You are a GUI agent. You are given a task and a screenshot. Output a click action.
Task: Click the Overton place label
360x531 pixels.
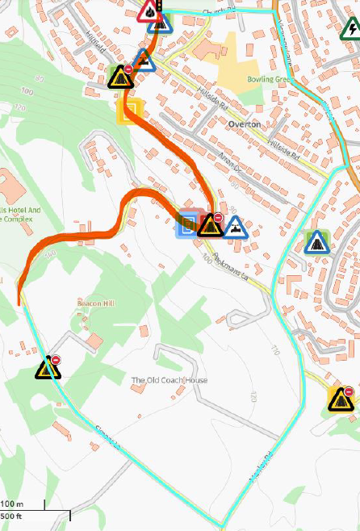coord(244,124)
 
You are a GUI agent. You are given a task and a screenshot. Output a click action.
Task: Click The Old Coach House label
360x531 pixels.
coord(170,380)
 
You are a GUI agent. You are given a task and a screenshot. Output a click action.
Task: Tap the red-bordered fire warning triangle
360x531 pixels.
coord(149,11)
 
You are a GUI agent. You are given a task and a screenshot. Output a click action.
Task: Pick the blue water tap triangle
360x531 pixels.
coord(235,227)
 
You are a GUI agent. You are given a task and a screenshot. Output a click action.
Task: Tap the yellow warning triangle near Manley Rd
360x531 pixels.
coord(340,399)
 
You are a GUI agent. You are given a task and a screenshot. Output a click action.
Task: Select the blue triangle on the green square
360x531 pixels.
coord(316,241)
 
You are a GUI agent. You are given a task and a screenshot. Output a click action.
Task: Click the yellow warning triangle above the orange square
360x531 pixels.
coord(121,78)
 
